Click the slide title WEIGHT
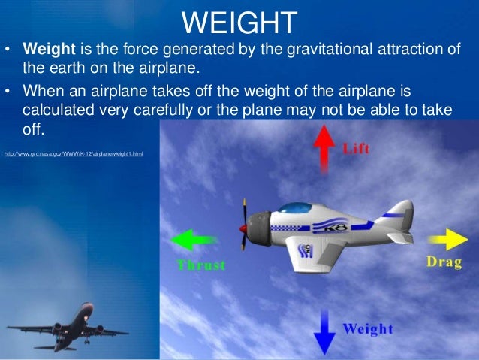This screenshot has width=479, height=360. (239, 22)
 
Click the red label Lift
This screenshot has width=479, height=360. (356, 147)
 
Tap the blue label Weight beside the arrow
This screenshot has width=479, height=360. (368, 329)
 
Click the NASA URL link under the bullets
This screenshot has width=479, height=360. (73, 153)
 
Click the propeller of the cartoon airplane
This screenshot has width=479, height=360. (244, 225)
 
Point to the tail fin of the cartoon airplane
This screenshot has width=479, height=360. (402, 213)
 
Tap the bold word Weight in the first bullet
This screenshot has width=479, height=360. (47, 49)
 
